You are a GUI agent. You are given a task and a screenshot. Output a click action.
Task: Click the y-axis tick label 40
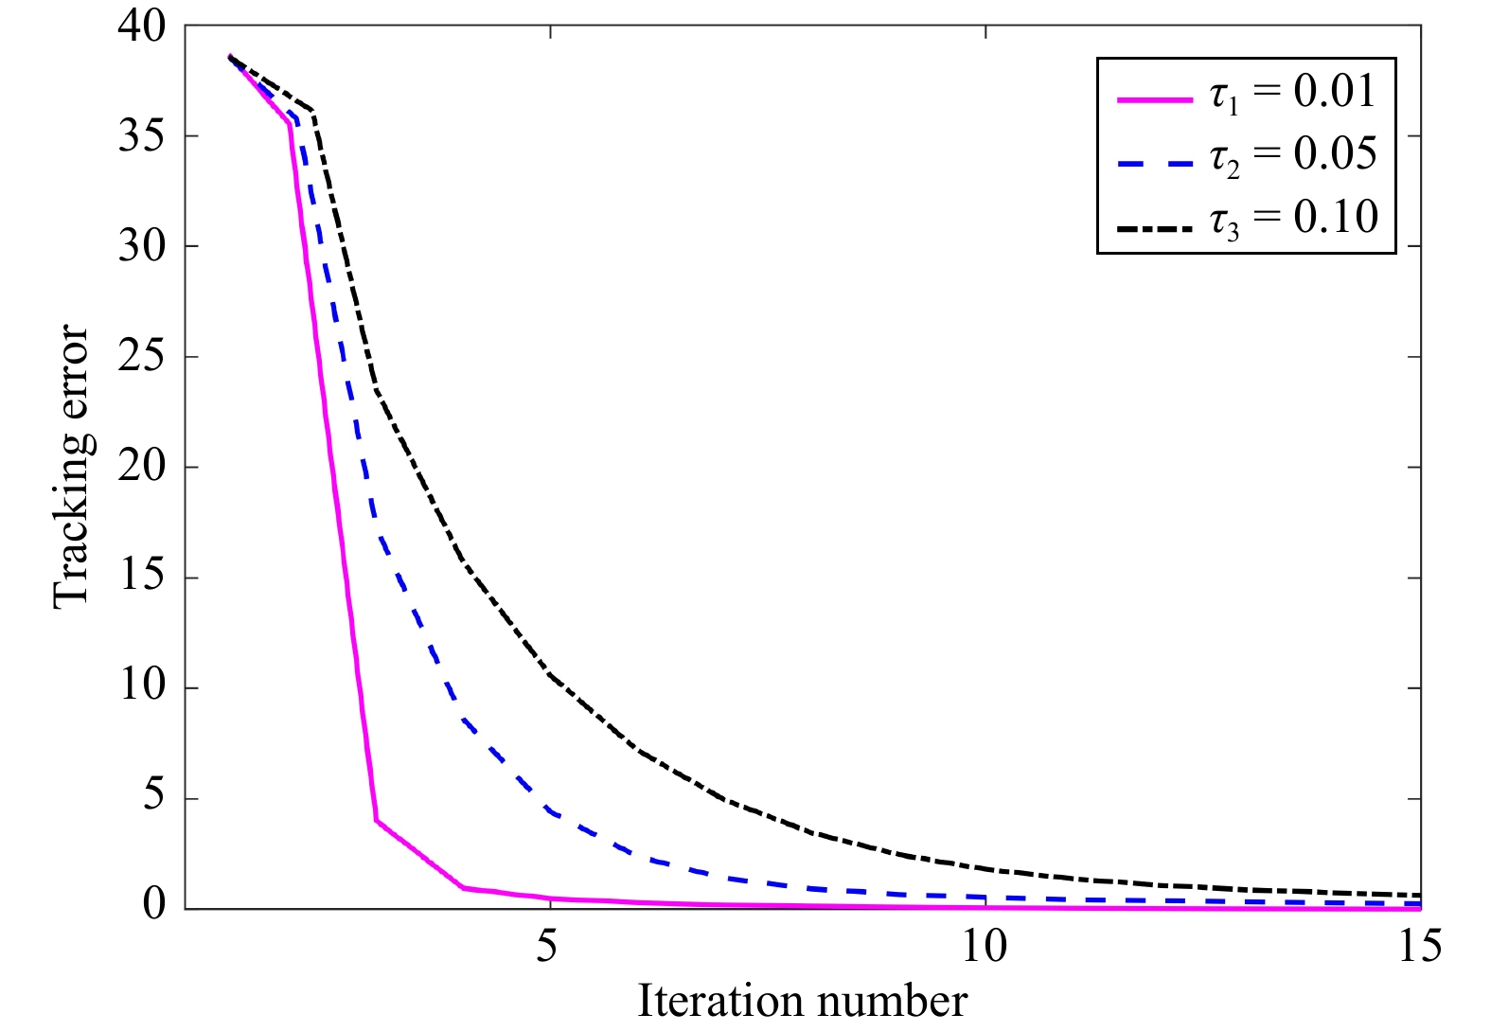[x=142, y=27]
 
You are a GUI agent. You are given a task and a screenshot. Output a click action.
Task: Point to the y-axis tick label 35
[x=142, y=136]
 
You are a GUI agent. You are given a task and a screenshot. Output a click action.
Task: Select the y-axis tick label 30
[x=142, y=246]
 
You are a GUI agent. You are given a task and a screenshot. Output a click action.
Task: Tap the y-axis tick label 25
[x=142, y=357]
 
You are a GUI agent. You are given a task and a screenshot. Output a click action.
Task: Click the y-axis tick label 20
[x=142, y=467]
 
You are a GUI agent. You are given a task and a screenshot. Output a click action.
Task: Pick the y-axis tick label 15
[x=142, y=578]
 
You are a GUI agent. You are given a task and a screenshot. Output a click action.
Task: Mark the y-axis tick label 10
[x=142, y=687]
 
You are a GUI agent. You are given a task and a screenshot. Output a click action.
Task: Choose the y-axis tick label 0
[x=154, y=905]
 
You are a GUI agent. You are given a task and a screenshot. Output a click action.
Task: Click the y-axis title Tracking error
[x=71, y=467]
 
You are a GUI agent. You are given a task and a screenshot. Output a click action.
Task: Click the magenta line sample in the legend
[x=1155, y=98]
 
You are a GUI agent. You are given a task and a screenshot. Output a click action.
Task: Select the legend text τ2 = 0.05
[x=1293, y=155]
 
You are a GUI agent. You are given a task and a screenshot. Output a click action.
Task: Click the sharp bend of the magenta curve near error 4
[x=377, y=820]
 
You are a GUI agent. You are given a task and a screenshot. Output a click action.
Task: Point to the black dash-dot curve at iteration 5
[x=550, y=675]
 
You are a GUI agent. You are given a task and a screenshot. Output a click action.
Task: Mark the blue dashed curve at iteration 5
[x=550, y=812]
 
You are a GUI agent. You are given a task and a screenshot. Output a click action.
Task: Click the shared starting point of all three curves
[x=230, y=57]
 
